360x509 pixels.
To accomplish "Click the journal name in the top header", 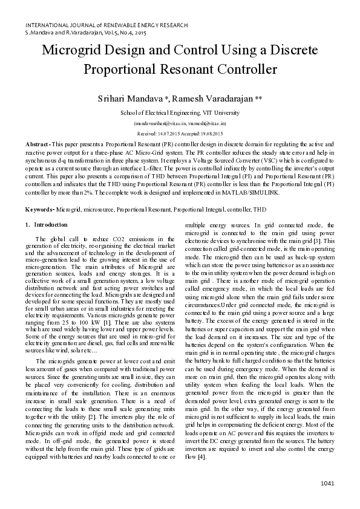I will [x=106, y=25].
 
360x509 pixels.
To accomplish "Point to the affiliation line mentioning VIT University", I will [x=180, y=112].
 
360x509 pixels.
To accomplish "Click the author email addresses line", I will [x=180, y=123].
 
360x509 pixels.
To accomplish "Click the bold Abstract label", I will [x=38, y=145].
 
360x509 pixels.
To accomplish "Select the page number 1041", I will [x=327, y=483].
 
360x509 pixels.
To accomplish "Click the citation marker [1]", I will [x=122, y=308].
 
